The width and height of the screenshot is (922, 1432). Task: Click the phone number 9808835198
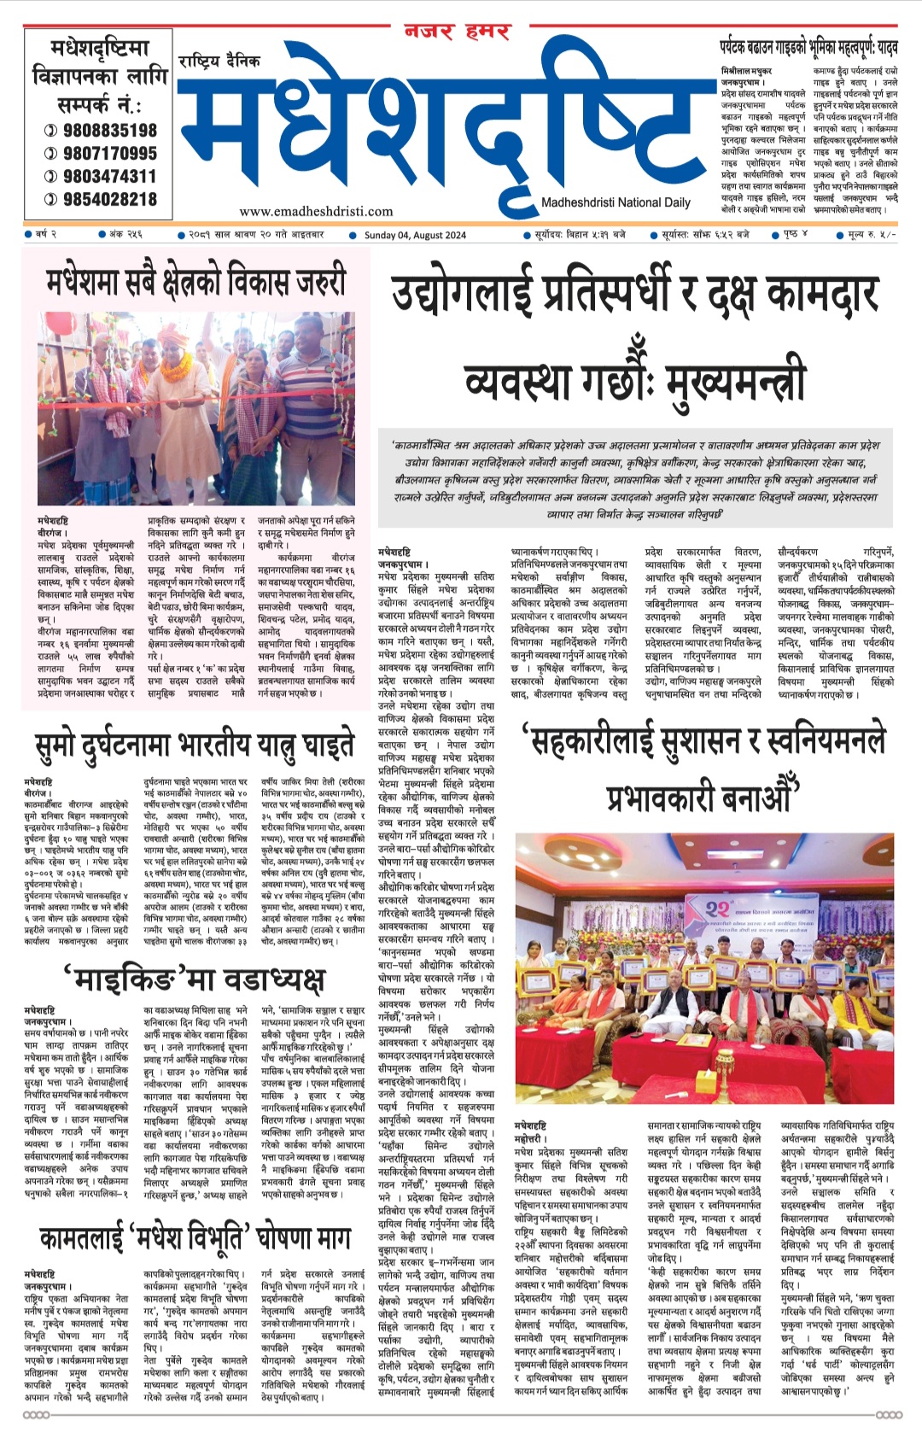click(x=108, y=130)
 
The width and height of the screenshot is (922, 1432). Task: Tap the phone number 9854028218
click(x=108, y=199)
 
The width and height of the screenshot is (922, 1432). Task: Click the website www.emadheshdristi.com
click(x=316, y=211)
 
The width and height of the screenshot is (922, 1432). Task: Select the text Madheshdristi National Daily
click(x=616, y=202)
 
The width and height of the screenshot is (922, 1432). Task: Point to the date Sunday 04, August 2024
click(x=415, y=236)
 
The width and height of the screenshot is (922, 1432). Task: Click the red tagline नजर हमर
click(x=457, y=33)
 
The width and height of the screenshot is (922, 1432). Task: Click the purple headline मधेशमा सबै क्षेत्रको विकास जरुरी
click(x=196, y=282)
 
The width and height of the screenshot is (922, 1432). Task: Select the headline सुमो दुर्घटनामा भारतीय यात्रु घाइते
click(x=195, y=745)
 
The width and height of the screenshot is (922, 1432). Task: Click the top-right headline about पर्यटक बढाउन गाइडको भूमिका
click(x=808, y=49)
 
